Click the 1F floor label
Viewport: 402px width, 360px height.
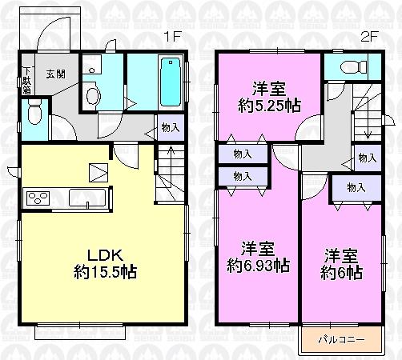point(171,36)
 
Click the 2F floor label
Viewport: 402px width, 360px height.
point(369,36)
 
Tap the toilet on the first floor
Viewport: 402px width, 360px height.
point(34,115)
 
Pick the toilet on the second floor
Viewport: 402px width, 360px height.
point(349,66)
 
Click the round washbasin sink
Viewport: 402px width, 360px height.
point(92,96)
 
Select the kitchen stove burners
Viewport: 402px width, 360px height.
point(38,196)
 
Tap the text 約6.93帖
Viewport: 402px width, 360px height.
point(256,267)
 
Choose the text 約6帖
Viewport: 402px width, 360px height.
point(344,273)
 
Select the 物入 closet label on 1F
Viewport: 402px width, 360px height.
point(169,126)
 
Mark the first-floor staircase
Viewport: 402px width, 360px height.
point(170,172)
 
